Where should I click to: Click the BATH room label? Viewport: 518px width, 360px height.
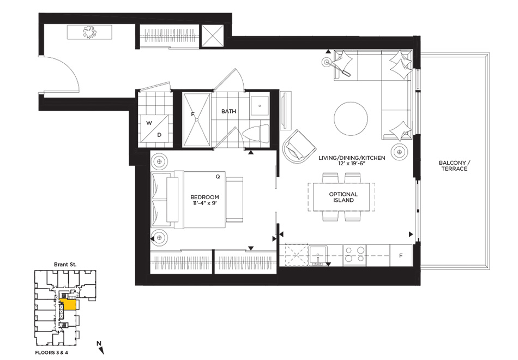coord(228,111)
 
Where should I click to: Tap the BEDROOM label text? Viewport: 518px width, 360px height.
coord(204,197)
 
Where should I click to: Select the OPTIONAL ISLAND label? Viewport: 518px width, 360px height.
coord(343,197)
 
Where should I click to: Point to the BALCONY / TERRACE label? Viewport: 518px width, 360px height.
coord(454,166)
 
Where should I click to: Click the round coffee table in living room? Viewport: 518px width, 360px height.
coord(351,118)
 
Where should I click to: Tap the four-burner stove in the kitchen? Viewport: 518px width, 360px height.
coord(354,255)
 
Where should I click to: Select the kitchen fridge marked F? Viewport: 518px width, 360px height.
coord(401,255)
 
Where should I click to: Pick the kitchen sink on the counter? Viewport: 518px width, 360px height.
coord(317,255)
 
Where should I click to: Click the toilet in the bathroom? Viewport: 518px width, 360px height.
coord(256,134)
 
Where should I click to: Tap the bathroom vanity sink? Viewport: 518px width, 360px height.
coord(260,106)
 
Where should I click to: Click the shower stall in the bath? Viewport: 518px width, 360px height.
coord(196,119)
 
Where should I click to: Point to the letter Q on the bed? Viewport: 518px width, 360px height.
coord(218,177)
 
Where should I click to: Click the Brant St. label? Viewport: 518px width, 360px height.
coord(65,265)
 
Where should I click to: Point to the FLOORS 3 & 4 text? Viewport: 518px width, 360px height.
coord(52,352)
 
